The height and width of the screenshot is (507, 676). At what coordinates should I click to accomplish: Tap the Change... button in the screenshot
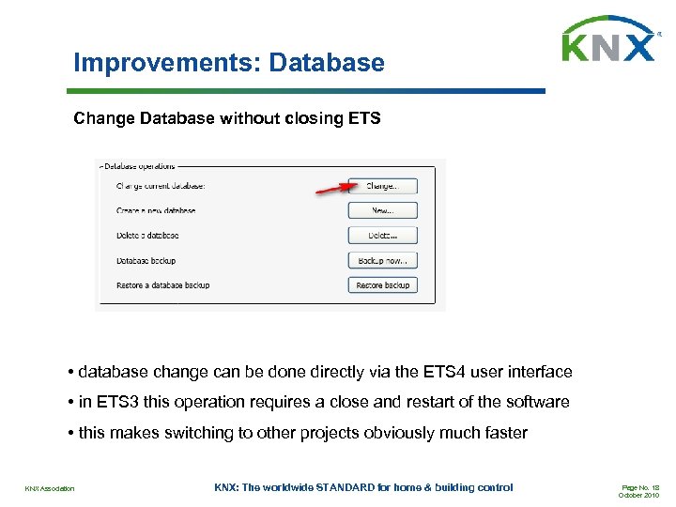tap(382, 186)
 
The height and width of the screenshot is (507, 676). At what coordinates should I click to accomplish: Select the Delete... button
tap(382, 236)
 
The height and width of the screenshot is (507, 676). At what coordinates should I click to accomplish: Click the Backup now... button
tap(382, 260)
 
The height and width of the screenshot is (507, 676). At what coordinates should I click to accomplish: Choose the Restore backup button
tap(382, 284)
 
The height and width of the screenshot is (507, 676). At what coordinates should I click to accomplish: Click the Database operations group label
tap(140, 166)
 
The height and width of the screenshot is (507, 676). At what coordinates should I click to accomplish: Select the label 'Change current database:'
tap(161, 186)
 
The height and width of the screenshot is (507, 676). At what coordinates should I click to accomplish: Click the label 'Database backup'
tap(146, 260)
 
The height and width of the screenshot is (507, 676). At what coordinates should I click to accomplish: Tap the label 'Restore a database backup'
tap(162, 284)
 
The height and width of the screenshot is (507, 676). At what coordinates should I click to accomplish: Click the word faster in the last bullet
tap(503, 433)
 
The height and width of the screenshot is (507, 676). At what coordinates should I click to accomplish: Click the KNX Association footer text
tap(50, 488)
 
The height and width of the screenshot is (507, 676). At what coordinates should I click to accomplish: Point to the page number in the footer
tap(640, 487)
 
